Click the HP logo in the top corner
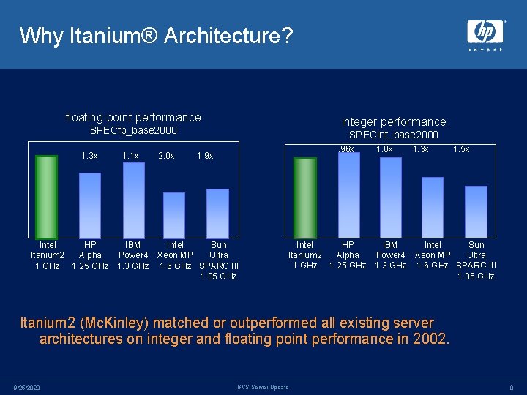pyautogui.click(x=485, y=34)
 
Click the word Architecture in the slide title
pyautogui.click(x=203, y=35)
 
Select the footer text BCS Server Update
pyautogui.click(x=263, y=387)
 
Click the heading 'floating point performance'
pyautogui.click(x=133, y=117)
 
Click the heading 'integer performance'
pyautogui.click(x=394, y=121)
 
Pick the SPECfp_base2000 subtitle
pyautogui.click(x=133, y=131)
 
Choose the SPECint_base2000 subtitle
pyautogui.click(x=394, y=135)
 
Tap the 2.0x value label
pyautogui.click(x=166, y=156)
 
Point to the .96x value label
pyautogui.click(x=346, y=149)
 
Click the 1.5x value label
pyautogui.click(x=461, y=149)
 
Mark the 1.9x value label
pyautogui.click(x=206, y=156)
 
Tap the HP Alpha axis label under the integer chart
pyautogui.click(x=348, y=255)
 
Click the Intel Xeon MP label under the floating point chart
pyautogui.click(x=176, y=255)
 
